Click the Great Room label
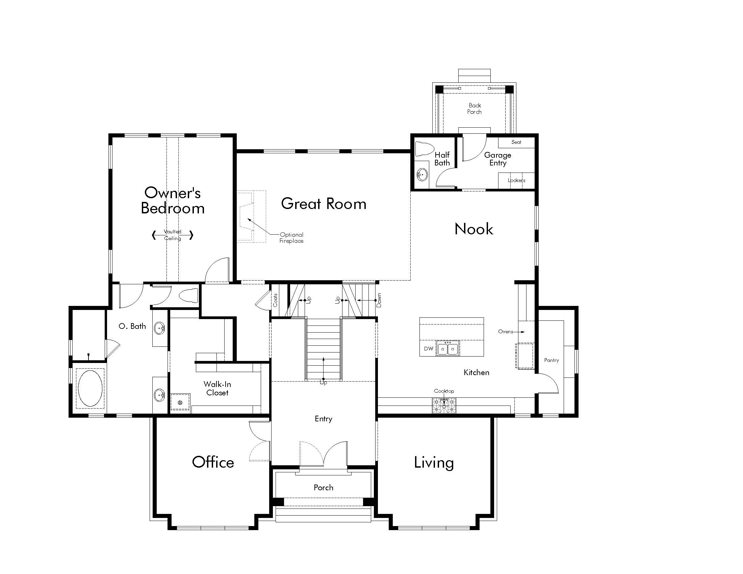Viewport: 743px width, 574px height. [324, 204]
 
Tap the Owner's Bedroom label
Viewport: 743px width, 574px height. [173, 200]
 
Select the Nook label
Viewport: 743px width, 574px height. [473, 229]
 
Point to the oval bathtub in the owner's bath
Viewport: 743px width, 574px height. [90, 388]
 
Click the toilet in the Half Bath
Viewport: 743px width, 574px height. [425, 149]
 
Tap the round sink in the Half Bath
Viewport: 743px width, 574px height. [422, 175]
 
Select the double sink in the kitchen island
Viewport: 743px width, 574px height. [448, 348]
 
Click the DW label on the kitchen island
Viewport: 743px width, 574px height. [428, 348]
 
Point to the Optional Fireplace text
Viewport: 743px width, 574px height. [291, 238]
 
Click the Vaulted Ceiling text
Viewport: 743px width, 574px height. [173, 235]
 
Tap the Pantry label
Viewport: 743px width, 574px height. [552, 360]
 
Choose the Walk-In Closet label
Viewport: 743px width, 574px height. [217, 388]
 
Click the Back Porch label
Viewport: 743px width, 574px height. [475, 108]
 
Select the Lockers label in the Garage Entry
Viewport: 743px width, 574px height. [516, 180]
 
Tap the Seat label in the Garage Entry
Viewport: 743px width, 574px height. [516, 142]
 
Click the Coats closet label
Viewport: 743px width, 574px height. [275, 300]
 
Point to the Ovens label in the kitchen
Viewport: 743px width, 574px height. [506, 332]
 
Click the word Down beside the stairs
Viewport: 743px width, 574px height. [379, 300]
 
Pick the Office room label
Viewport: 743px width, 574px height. [213, 462]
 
